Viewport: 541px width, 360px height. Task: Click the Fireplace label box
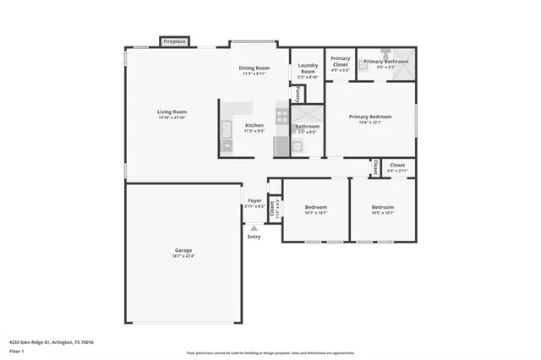(175, 41)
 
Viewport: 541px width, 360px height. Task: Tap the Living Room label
(172, 112)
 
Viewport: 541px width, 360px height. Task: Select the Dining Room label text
(254, 68)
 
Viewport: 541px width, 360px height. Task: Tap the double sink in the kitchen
(227, 128)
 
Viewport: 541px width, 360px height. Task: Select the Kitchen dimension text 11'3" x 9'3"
(254, 131)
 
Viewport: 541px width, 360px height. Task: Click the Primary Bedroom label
(370, 117)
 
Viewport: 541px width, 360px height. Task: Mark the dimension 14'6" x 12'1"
(370, 123)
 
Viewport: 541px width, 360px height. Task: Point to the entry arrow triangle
(254, 228)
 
